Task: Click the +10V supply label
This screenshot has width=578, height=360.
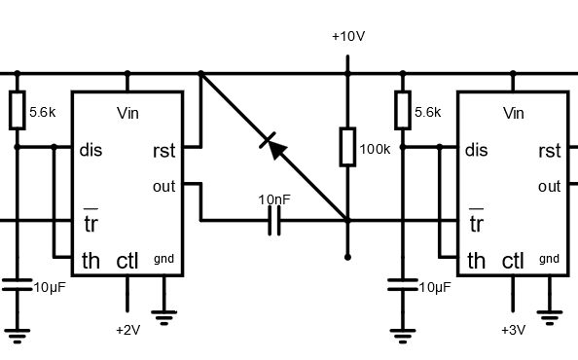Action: [x=348, y=36]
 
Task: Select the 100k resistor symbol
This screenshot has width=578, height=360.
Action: [x=347, y=147]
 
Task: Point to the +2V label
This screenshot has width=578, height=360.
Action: [x=128, y=330]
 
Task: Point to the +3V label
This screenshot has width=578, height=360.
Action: [x=513, y=330]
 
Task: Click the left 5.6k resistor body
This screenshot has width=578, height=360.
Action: [x=17, y=111]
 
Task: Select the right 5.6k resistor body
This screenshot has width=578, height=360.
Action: [x=400, y=111]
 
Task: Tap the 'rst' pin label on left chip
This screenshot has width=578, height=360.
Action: [x=163, y=151]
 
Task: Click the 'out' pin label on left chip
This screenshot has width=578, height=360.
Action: [x=163, y=186]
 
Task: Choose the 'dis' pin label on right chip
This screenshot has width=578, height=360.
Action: [x=476, y=151]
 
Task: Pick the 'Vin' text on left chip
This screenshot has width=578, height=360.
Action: [x=127, y=113]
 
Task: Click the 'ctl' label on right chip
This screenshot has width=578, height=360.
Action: [x=513, y=260]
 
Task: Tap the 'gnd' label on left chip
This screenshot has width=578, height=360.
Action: [x=164, y=259]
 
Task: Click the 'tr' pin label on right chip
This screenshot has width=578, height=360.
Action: [x=476, y=225]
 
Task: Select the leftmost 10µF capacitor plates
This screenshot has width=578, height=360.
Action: [x=17, y=286]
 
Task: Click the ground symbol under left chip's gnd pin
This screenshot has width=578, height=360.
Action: [x=164, y=314]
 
